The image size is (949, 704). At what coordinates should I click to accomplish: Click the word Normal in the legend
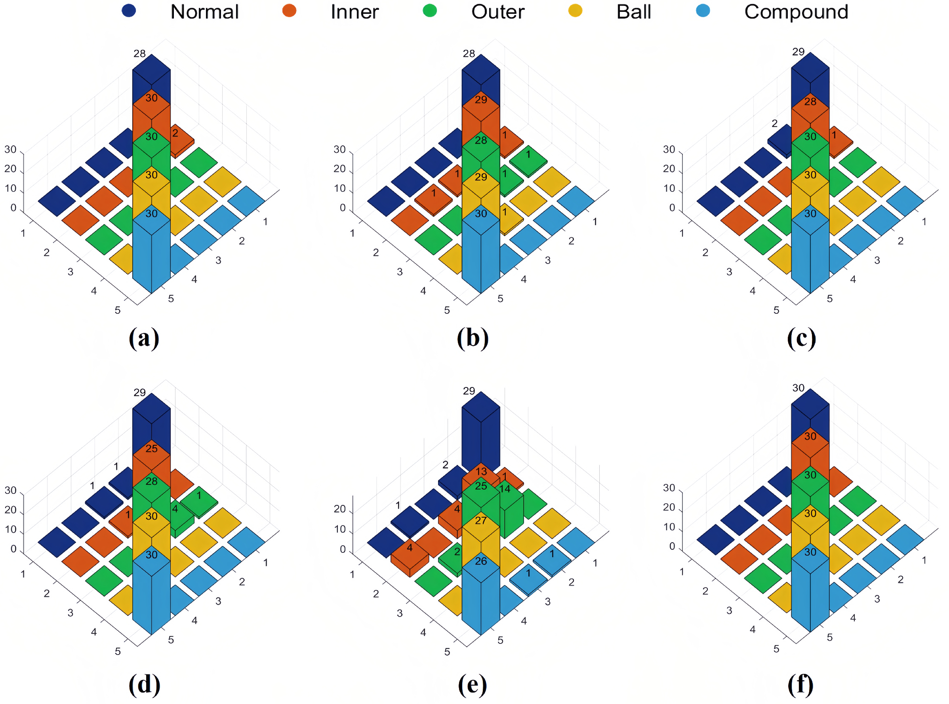point(204,12)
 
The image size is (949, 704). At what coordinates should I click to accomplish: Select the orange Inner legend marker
point(289,11)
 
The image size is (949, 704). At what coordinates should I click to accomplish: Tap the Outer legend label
point(498,12)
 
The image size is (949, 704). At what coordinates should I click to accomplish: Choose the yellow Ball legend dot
point(575,11)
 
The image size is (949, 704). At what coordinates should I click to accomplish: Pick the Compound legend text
point(796,12)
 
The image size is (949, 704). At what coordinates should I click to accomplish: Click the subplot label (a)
point(144,339)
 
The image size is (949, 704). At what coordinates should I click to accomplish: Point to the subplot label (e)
point(473,685)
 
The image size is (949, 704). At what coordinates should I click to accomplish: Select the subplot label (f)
point(800,685)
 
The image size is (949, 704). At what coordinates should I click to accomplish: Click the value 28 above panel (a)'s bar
point(139,54)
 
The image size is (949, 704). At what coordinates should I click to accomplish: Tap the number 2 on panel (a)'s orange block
point(175,133)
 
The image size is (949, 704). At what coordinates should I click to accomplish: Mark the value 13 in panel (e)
point(481,472)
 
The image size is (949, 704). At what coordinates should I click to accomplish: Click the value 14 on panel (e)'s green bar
point(505,489)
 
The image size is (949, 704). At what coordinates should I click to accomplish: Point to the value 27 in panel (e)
point(481,521)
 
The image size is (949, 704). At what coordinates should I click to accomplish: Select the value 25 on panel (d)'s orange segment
point(151,449)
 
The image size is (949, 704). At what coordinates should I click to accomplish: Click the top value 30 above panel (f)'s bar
point(798,388)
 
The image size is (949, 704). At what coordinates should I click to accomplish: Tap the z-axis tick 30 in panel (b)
point(339,150)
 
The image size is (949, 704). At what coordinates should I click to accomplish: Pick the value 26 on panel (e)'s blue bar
point(481,561)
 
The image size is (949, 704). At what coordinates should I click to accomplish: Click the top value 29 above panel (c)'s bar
point(798,52)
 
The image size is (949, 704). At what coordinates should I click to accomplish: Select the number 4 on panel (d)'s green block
point(175,509)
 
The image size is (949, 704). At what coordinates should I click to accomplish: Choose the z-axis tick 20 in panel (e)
point(339,509)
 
